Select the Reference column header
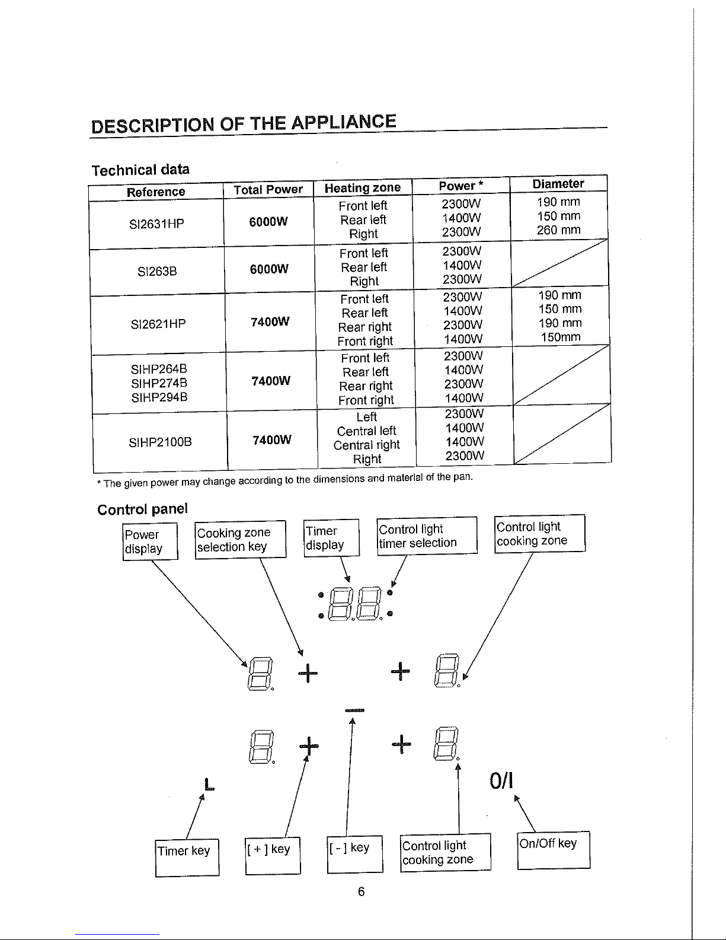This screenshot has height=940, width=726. [156, 192]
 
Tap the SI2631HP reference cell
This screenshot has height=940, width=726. [156, 224]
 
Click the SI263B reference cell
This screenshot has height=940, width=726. [157, 271]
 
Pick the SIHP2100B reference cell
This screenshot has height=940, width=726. [161, 442]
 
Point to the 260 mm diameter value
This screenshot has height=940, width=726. [559, 230]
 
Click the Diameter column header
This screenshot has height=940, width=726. [558, 184]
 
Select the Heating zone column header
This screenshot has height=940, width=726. [363, 188]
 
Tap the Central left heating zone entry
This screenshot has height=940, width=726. [366, 431]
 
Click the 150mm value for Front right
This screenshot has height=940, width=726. [561, 337]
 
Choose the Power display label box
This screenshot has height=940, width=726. [150, 541]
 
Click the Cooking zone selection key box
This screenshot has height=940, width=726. [240, 540]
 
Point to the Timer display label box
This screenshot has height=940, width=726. [331, 538]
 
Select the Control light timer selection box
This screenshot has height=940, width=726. [427, 536]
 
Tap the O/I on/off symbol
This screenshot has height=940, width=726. [501, 781]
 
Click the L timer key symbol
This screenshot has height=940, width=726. [209, 784]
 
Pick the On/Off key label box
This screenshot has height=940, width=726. [554, 850]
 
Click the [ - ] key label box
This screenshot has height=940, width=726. [355, 854]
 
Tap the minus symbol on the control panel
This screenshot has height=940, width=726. [355, 710]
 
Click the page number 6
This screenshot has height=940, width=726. [362, 891]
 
